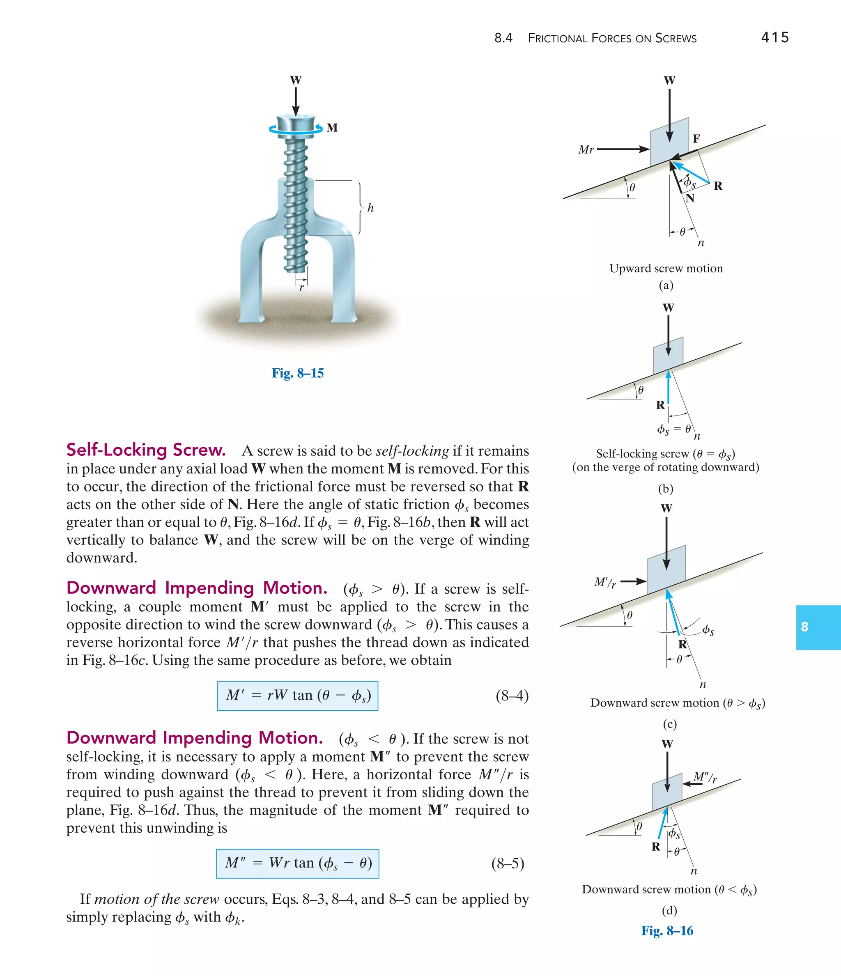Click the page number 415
(774, 37)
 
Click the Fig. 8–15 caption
(297, 373)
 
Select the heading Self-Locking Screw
(146, 450)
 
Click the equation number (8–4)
(512, 696)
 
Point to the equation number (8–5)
(508, 863)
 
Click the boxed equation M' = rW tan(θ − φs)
(297, 696)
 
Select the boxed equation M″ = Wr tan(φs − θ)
(297, 863)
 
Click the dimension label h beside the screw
(370, 208)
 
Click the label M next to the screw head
(332, 128)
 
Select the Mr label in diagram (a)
(586, 150)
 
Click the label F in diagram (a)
(696, 138)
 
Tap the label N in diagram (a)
(690, 198)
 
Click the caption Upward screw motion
(665, 269)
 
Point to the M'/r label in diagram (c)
(605, 583)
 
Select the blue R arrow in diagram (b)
(668, 387)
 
